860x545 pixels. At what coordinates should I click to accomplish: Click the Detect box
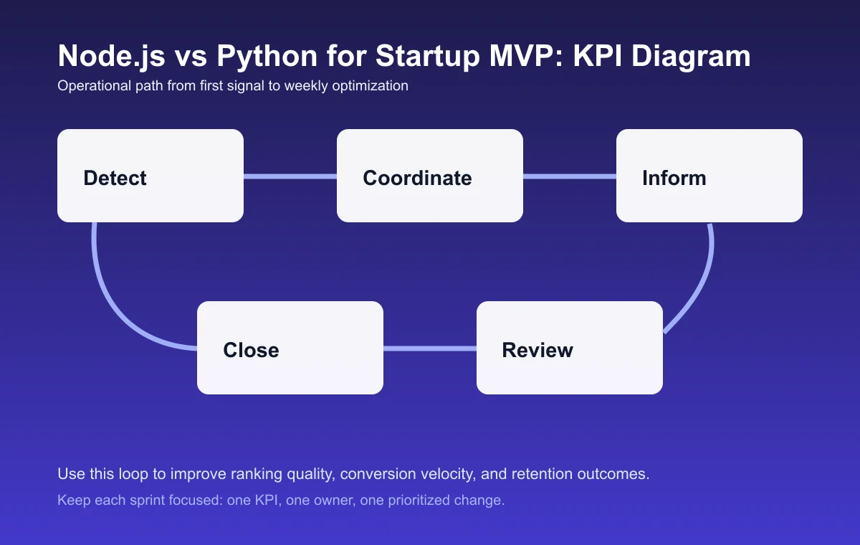tap(150, 176)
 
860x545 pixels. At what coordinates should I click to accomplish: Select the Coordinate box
tap(430, 176)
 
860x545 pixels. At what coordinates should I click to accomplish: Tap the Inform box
tap(709, 176)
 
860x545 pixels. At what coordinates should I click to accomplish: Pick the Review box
tap(570, 348)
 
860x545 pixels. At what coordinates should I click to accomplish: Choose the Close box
tap(290, 348)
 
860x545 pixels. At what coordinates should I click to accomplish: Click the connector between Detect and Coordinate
tap(290, 176)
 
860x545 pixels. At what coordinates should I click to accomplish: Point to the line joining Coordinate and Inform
tap(570, 176)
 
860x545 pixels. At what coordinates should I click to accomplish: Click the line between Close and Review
tap(430, 349)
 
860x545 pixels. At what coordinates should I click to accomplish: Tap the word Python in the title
tap(254, 56)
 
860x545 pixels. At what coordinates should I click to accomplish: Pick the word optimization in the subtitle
tap(371, 86)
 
